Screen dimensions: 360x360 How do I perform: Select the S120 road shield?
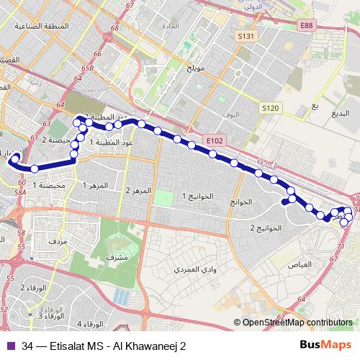pyautogui.click(x=270, y=107)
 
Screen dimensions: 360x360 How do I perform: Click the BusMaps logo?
pyautogui.click(x=330, y=345)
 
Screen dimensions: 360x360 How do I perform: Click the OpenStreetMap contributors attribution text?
pyautogui.click(x=297, y=323)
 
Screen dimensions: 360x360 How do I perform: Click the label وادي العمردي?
pyautogui.click(x=192, y=269)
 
